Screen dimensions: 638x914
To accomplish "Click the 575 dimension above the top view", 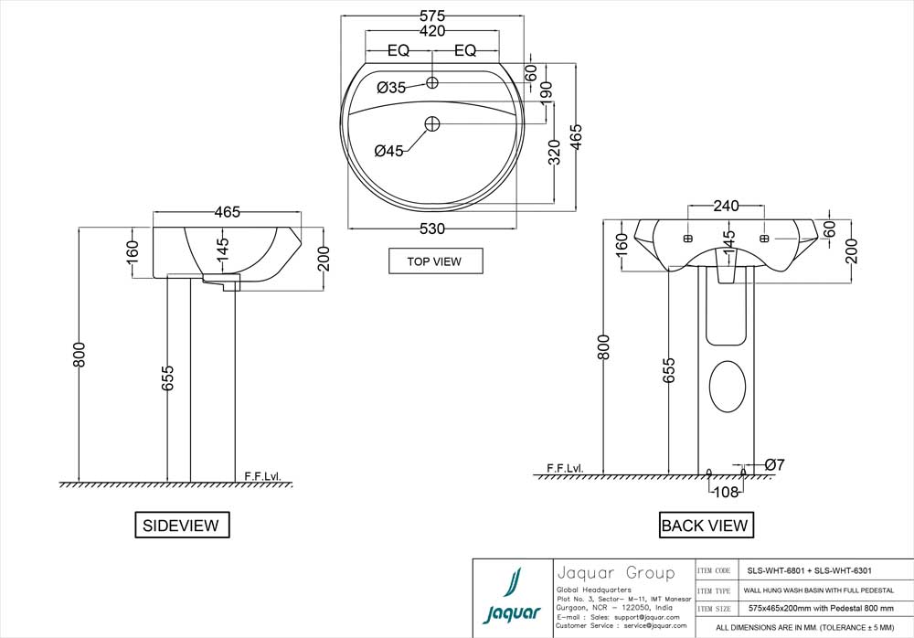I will coord(432,16).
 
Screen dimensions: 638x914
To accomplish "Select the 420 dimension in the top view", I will coord(432,31).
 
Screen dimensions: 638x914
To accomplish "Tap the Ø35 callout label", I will coord(391,88).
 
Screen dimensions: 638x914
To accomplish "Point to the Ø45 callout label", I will coord(388,152).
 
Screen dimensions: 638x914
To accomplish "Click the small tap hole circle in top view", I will coord(433,83).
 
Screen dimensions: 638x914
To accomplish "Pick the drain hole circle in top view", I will coord(433,122).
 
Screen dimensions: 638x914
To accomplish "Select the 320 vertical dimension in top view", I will coord(554,153).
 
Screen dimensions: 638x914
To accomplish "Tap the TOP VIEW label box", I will coord(434,261).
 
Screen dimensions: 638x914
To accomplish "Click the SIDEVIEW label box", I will coord(181,525).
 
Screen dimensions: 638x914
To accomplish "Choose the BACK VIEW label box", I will coord(704,525).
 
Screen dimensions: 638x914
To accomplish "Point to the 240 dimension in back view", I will coord(726,207).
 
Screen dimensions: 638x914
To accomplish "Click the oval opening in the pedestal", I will coord(728,386).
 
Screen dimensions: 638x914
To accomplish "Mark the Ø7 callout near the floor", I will coord(774,465).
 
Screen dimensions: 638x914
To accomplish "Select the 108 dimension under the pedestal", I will coord(727,494).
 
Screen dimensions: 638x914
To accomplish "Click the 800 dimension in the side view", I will coord(80,355).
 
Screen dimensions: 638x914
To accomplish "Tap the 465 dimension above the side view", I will coord(227,212).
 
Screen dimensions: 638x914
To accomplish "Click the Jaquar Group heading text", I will coord(615,573).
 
